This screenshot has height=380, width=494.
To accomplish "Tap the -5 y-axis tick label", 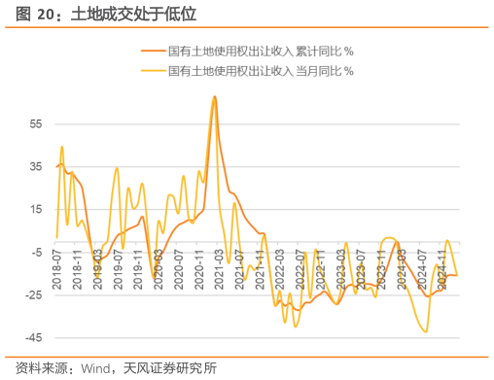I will click(x=37, y=252).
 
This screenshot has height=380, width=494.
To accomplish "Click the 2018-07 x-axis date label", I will click(x=56, y=269).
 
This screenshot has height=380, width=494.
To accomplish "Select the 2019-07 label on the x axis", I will click(x=118, y=269).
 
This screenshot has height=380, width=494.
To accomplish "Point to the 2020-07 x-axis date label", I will click(x=179, y=269).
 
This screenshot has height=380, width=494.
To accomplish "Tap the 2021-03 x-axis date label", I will click(x=220, y=269).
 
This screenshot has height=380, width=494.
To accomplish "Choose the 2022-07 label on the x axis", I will click(x=301, y=269).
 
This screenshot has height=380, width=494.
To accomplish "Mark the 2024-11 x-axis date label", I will click(x=444, y=269).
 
